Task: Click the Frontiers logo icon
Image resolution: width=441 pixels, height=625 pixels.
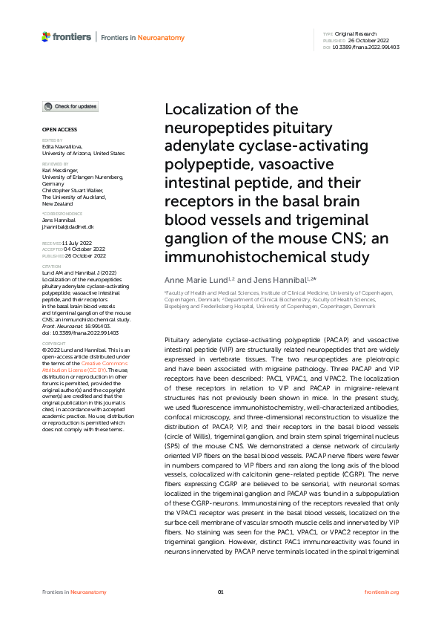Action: coord(47,36)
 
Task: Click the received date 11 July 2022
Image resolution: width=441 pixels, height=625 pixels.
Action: coord(77,243)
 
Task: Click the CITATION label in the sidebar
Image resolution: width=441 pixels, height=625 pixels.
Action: coord(51,265)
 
